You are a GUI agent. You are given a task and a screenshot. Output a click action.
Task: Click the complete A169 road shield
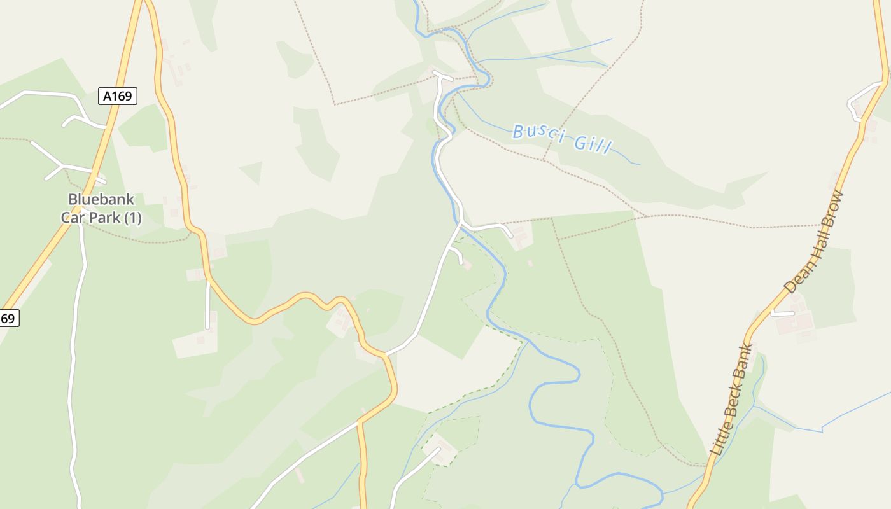point(118,96)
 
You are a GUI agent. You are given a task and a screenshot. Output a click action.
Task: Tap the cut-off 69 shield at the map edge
point(8,318)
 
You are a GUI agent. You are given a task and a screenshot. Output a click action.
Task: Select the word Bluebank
point(101,199)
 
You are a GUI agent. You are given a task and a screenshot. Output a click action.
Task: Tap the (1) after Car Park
point(132,218)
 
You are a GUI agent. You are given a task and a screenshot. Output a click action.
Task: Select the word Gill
point(592,144)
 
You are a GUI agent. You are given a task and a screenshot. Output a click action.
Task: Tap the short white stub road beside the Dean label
point(783,313)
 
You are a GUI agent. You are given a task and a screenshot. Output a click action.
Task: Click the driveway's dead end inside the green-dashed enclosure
point(438,449)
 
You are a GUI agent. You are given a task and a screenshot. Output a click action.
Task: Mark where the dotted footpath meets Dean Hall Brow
point(821,225)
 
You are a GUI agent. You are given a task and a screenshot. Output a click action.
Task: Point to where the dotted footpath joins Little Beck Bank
point(705,466)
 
